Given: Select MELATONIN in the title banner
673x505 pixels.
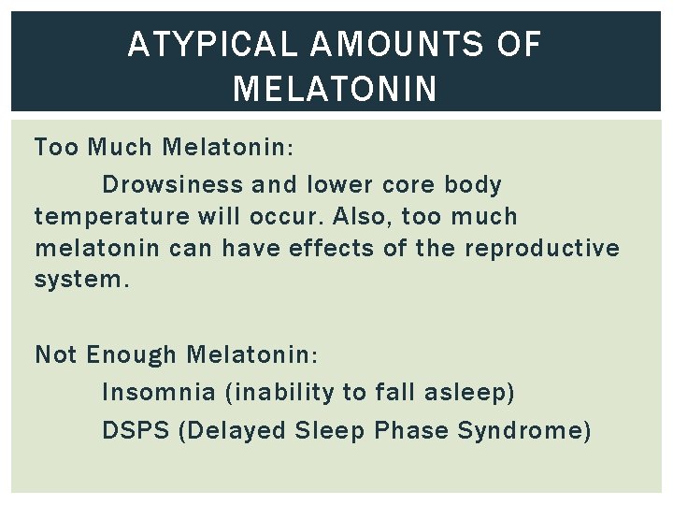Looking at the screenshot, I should click(335, 89).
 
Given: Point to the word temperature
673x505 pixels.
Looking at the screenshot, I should click(112, 217).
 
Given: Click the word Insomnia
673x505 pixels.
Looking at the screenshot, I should click(159, 393).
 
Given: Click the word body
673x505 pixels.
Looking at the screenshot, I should click(473, 185).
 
